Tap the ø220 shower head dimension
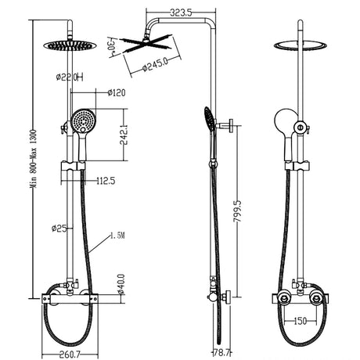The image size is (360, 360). [x=68, y=77]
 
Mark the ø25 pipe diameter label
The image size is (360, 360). [x=59, y=229]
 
